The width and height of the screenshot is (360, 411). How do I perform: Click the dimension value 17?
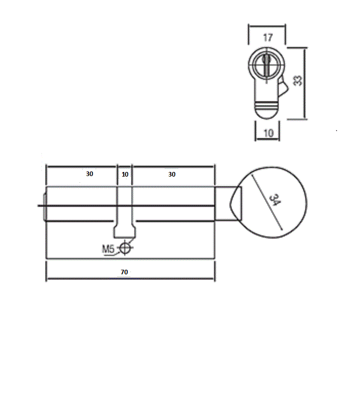click(x=267, y=37)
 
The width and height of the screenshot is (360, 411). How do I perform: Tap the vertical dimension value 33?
click(x=297, y=80)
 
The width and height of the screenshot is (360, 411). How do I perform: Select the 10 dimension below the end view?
click(x=268, y=133)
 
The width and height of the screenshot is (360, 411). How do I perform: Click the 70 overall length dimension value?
click(x=124, y=272)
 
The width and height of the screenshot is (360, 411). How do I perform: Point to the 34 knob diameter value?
click(x=275, y=200)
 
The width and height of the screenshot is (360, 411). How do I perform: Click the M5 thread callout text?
click(x=108, y=249)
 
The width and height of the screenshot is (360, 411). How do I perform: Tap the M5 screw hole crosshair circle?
click(x=125, y=247)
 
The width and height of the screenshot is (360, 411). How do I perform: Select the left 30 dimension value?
click(x=89, y=174)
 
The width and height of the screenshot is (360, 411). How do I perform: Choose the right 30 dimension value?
click(x=172, y=175)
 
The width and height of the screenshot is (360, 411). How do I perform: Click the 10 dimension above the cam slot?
click(x=125, y=175)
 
